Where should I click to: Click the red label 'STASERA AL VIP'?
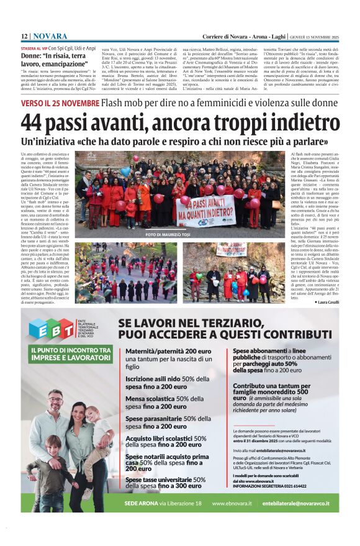34,48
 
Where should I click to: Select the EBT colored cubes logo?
51,328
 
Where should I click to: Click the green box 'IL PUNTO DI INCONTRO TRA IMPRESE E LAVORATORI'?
70,353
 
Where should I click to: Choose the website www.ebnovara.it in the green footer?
232,503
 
